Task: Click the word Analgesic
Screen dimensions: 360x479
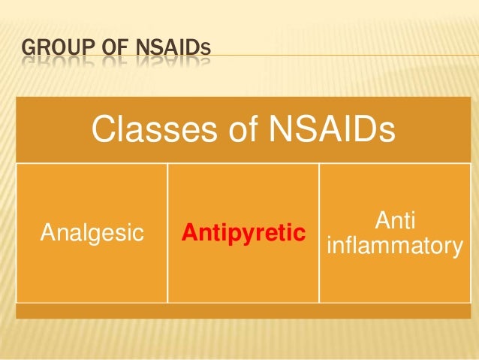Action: click(x=91, y=233)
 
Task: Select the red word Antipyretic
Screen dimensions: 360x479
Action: click(x=243, y=233)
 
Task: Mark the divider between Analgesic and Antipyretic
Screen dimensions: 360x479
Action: click(x=167, y=233)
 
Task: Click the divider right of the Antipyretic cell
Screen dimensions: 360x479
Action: click(x=319, y=233)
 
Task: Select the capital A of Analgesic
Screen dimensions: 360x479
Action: click(x=47, y=233)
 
